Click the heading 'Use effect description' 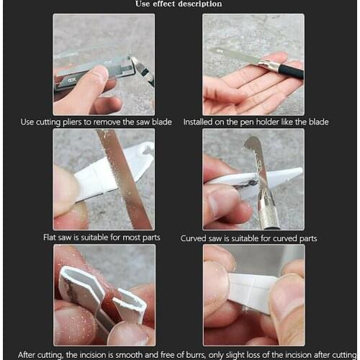pos(179,4)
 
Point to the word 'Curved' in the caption pos(194,238)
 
